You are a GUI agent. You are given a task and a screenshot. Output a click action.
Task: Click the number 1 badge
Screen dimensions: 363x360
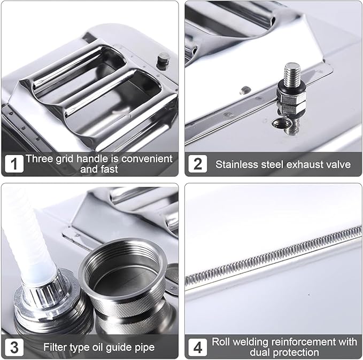point(14,163)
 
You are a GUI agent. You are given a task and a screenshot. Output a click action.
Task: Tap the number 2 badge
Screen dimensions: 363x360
point(197,163)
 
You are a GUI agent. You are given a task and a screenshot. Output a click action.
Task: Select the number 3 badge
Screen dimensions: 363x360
point(14,347)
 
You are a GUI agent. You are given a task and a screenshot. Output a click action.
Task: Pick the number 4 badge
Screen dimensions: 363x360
point(197,347)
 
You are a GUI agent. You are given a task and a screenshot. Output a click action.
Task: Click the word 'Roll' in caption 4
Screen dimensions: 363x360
point(220,342)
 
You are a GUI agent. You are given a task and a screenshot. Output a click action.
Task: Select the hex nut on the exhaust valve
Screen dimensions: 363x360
point(291,98)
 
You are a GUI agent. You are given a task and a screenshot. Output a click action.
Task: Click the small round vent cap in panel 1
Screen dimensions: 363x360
point(164,60)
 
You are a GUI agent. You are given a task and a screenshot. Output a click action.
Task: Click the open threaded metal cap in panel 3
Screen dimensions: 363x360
point(123,277)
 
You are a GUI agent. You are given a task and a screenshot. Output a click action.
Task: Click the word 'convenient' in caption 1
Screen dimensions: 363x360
point(147,159)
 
